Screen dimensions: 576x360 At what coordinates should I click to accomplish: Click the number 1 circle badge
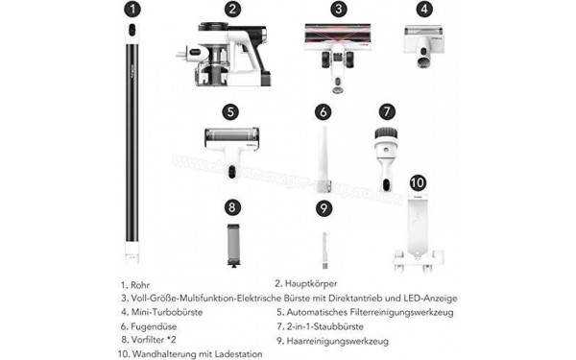coord(132,10)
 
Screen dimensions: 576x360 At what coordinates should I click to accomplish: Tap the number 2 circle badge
coord(232,10)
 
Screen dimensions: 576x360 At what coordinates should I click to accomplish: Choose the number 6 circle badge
coord(324,111)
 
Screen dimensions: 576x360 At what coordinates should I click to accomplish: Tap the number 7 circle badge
coord(386,111)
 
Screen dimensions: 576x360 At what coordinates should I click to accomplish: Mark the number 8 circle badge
coord(230,206)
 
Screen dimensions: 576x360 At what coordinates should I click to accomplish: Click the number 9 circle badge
coord(324,206)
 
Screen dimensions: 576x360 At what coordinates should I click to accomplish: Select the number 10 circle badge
coord(418,182)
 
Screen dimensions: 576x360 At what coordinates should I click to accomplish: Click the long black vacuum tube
coord(132,144)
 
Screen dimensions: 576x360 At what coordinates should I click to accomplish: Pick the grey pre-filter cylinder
coord(230,245)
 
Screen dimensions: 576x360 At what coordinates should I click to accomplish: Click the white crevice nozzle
coord(324,154)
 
